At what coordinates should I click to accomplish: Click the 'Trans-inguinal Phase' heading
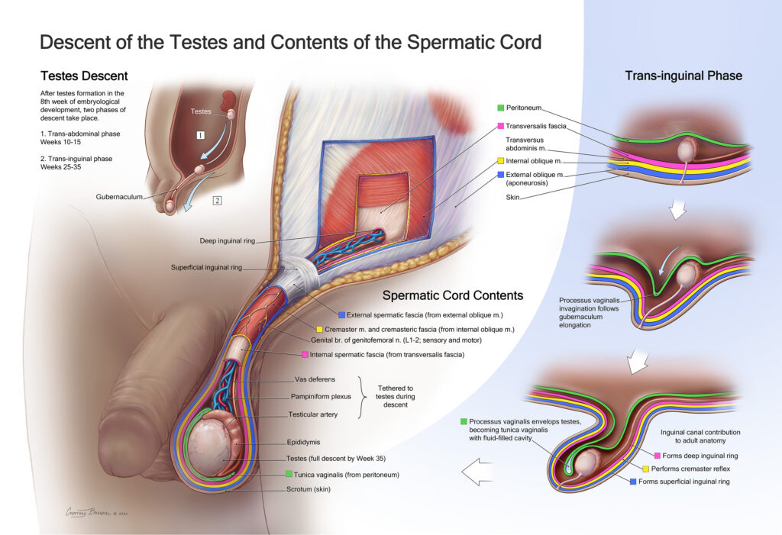point(683,76)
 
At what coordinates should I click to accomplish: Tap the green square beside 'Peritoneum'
point(500,108)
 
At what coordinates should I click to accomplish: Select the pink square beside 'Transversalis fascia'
point(500,126)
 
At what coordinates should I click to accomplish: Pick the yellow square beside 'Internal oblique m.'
point(500,162)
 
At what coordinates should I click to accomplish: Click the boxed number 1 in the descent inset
point(199,135)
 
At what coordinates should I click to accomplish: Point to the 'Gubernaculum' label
point(121,196)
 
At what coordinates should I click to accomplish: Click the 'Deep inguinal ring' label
point(224,241)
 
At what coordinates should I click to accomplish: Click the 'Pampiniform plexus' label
point(321,397)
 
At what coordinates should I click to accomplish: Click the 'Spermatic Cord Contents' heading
point(452,295)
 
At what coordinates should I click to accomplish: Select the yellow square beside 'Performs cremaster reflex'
point(646,468)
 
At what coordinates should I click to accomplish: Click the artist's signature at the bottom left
point(97,513)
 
